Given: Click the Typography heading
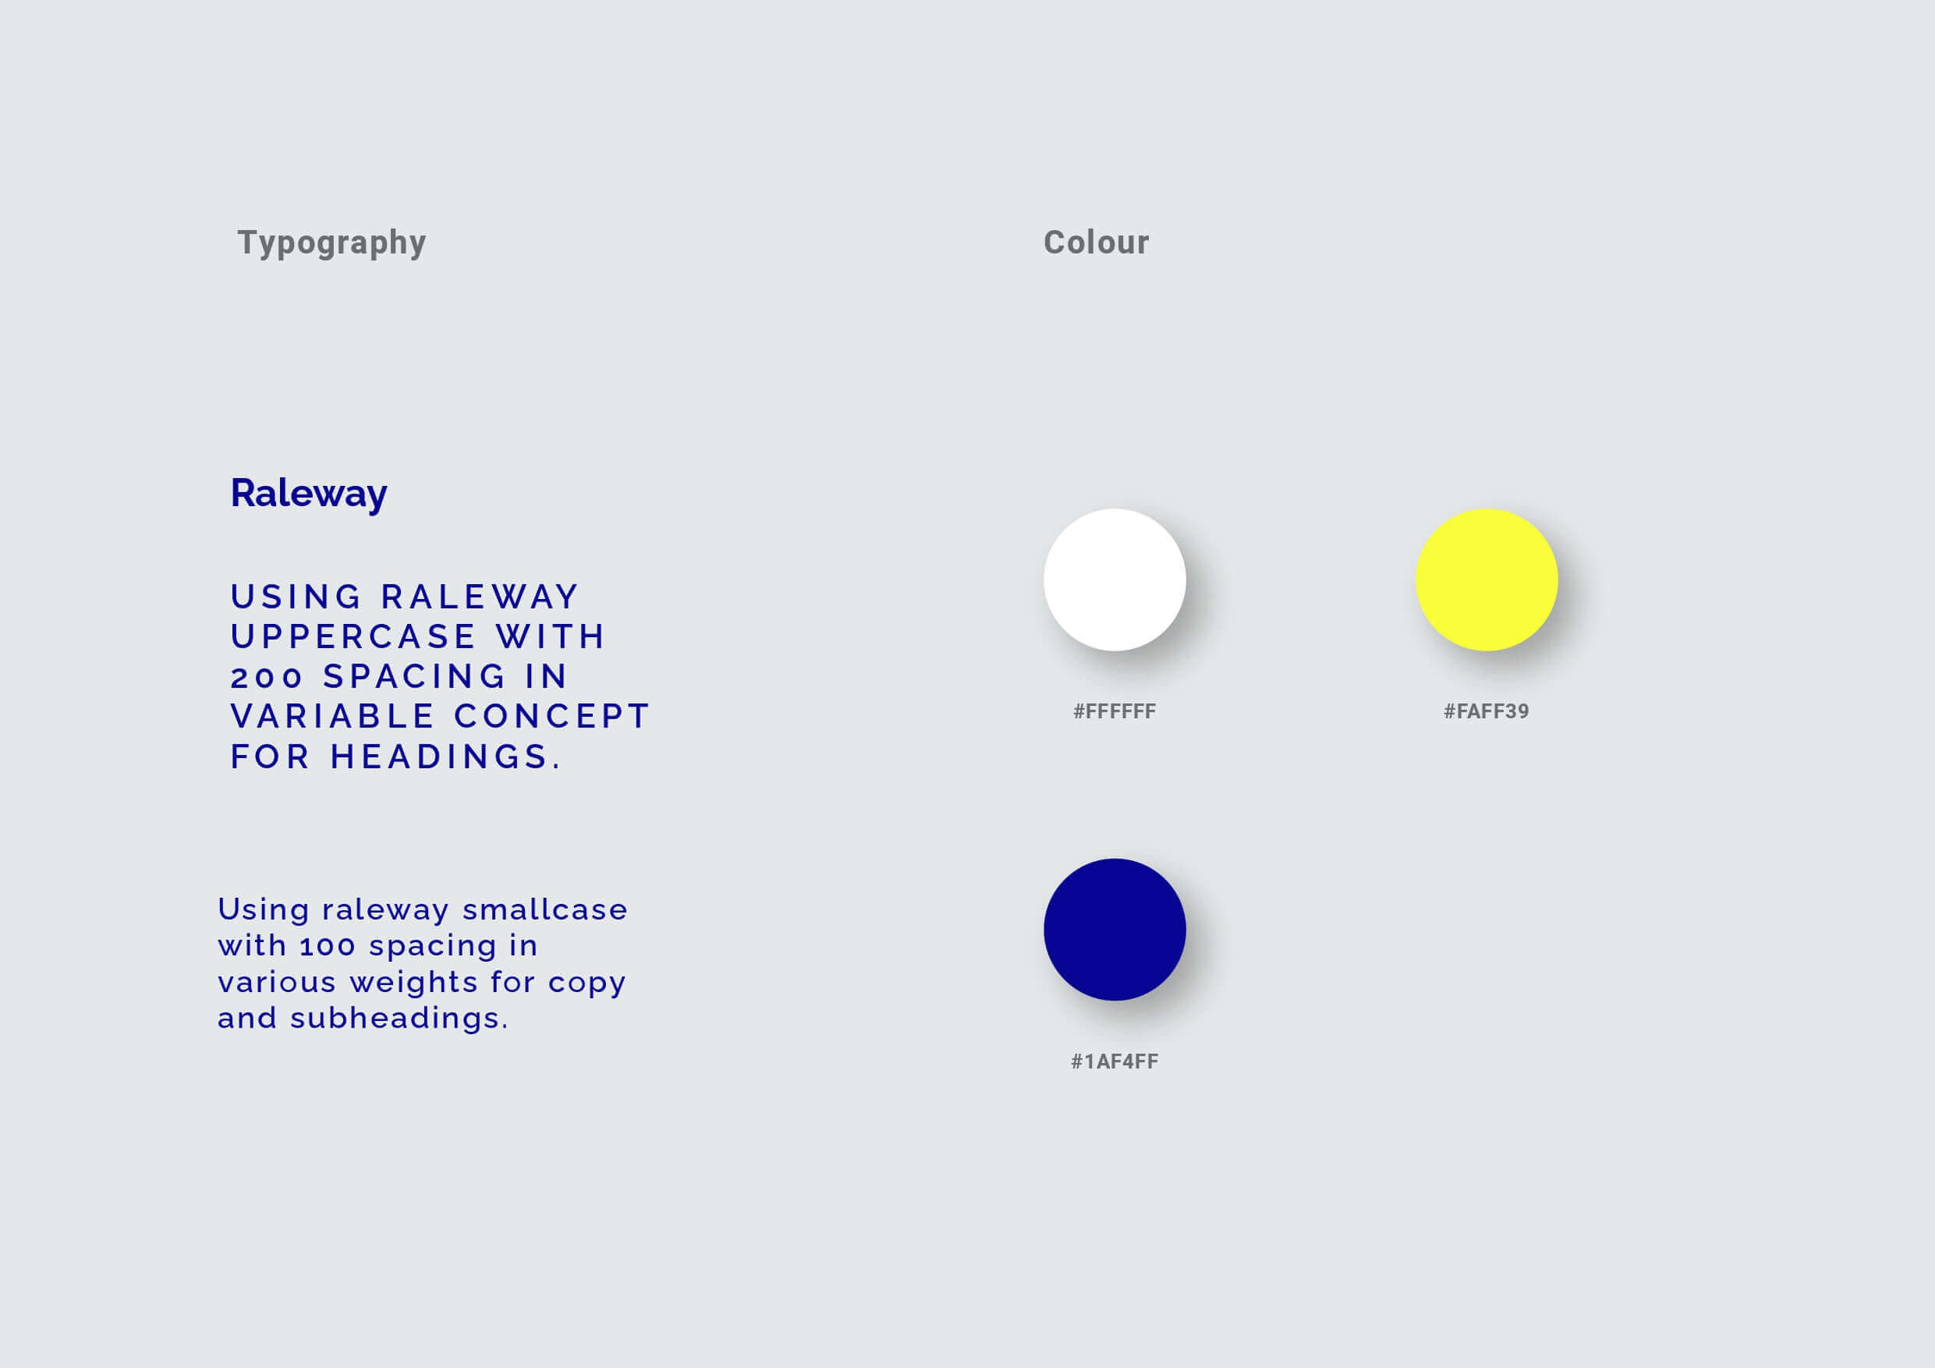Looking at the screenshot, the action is [332, 243].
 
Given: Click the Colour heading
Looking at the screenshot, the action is [1097, 243].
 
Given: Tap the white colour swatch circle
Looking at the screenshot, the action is [1115, 580].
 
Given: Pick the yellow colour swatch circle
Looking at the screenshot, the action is [1487, 580].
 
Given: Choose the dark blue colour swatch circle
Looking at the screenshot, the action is [1115, 930].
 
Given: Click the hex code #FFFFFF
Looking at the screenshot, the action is [1115, 711].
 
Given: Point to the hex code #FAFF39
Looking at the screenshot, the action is [1487, 711].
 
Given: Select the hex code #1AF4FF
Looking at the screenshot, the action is [1115, 1061].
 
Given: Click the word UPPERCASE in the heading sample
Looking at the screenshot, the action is [354, 637].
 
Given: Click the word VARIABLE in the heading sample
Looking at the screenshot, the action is [333, 718].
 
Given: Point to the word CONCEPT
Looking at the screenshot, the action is [553, 718].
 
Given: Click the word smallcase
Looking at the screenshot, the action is [545, 909].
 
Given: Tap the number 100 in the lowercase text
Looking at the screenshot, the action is [328, 947].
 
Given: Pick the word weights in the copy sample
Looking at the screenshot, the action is [414, 983].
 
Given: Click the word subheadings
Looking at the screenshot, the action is [399, 1019].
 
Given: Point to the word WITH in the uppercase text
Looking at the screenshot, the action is [551, 637].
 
